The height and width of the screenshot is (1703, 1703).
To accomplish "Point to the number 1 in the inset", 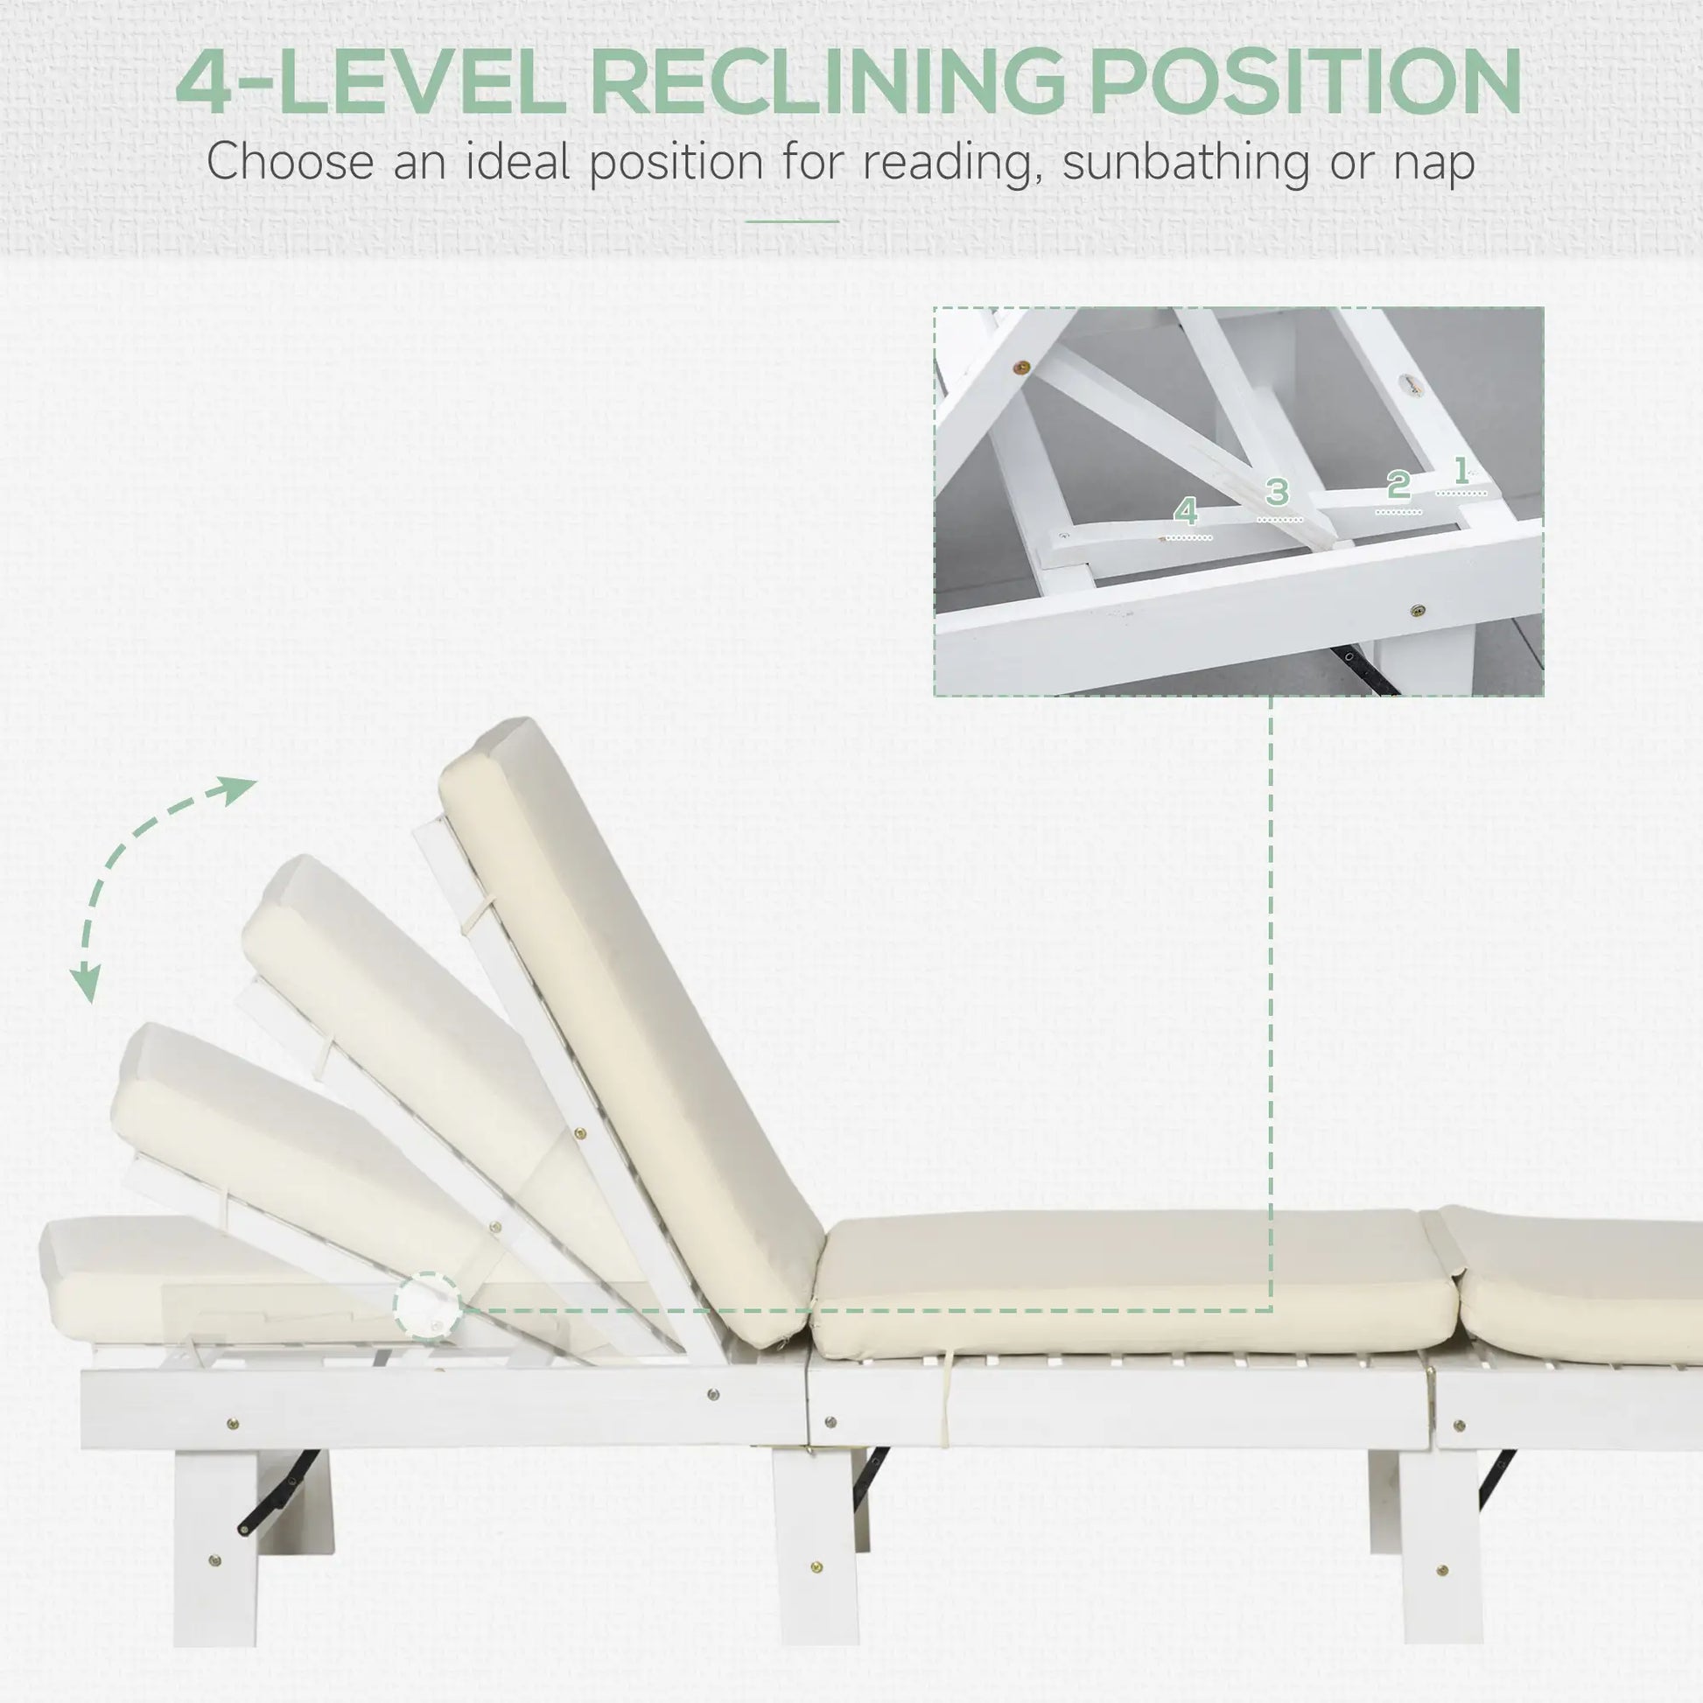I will point(1461,472).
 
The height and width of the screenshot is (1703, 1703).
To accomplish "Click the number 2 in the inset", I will point(1398,486).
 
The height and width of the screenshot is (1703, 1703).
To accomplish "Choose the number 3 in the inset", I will point(1278,492).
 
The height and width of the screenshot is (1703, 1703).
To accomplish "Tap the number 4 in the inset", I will point(1187,511).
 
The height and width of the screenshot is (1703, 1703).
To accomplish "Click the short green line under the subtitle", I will point(792,222).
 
